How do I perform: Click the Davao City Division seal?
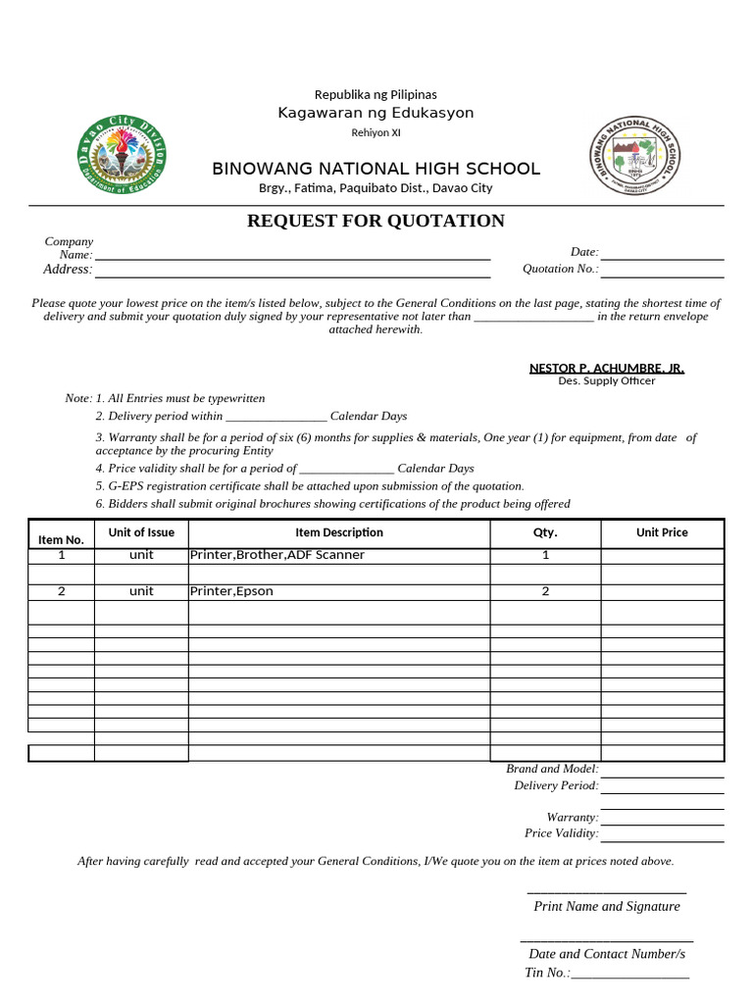(x=122, y=158)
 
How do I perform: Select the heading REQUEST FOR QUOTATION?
(x=376, y=222)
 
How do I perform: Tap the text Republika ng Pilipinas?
(x=376, y=94)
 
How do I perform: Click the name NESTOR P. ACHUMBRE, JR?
(x=607, y=368)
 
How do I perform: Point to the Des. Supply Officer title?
(x=607, y=381)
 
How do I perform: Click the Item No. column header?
(x=62, y=539)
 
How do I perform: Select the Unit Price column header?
(x=662, y=532)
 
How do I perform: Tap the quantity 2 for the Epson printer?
(x=545, y=591)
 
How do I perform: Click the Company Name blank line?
(x=292, y=257)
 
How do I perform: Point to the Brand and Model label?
(x=552, y=769)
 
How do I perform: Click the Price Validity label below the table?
(x=561, y=833)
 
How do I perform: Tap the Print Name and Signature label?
(x=607, y=906)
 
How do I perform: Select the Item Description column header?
(x=338, y=532)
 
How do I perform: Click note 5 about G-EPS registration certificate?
(x=310, y=486)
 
